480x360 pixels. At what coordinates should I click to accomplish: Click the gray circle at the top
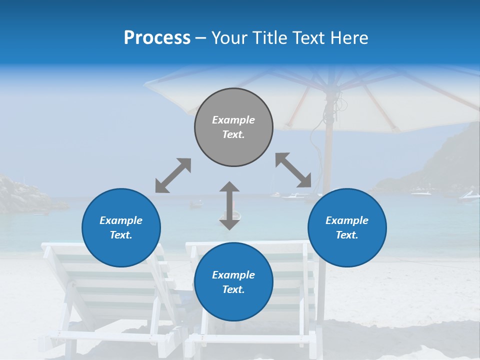pos(233,127)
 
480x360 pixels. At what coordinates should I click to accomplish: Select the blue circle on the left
pos(121,227)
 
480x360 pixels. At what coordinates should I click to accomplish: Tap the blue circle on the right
pos(347,227)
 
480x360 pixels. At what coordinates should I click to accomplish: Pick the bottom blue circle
pos(233,282)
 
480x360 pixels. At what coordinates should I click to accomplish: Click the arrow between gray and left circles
pos(173,175)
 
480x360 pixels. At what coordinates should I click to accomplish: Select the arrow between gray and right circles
pos(293,170)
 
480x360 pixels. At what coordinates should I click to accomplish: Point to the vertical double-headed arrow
pos(229,205)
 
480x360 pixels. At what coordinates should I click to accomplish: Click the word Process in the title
pos(157,37)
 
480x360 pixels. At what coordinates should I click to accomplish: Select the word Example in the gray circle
pos(233,120)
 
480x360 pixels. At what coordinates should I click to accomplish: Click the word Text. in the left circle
pos(121,235)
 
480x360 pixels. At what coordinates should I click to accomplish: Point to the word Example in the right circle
pos(347,220)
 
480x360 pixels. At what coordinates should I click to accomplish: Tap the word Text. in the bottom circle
pos(233,289)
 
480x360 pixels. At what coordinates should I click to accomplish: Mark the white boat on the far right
pos(469,196)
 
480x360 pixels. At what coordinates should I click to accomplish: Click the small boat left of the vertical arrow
pos(196,203)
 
